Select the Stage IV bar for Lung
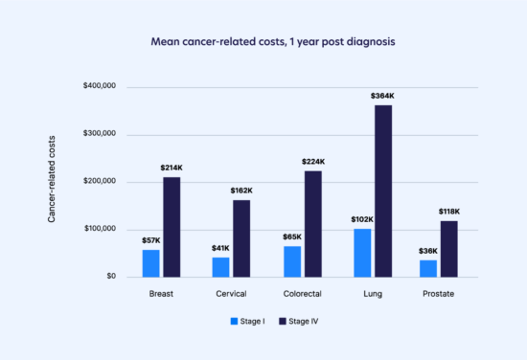[383, 191]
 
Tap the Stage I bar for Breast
[150, 263]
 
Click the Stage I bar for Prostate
[427, 268]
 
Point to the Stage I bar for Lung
[361, 253]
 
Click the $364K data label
[383, 97]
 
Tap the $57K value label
[150, 241]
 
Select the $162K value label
[242, 191]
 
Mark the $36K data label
[427, 252]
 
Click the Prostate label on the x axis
[438, 294]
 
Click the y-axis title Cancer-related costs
[54, 182]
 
